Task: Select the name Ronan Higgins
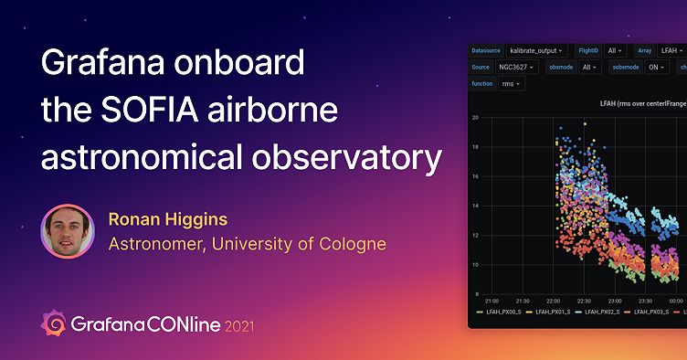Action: pos(168,219)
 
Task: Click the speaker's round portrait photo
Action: pos(67,231)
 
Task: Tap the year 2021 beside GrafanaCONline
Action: pos(240,325)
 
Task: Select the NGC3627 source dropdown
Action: pos(519,67)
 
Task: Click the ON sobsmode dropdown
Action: pos(658,67)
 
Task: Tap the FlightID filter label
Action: pos(589,50)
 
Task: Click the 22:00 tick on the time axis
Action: pos(554,300)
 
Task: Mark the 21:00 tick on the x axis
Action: pos(491,300)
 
